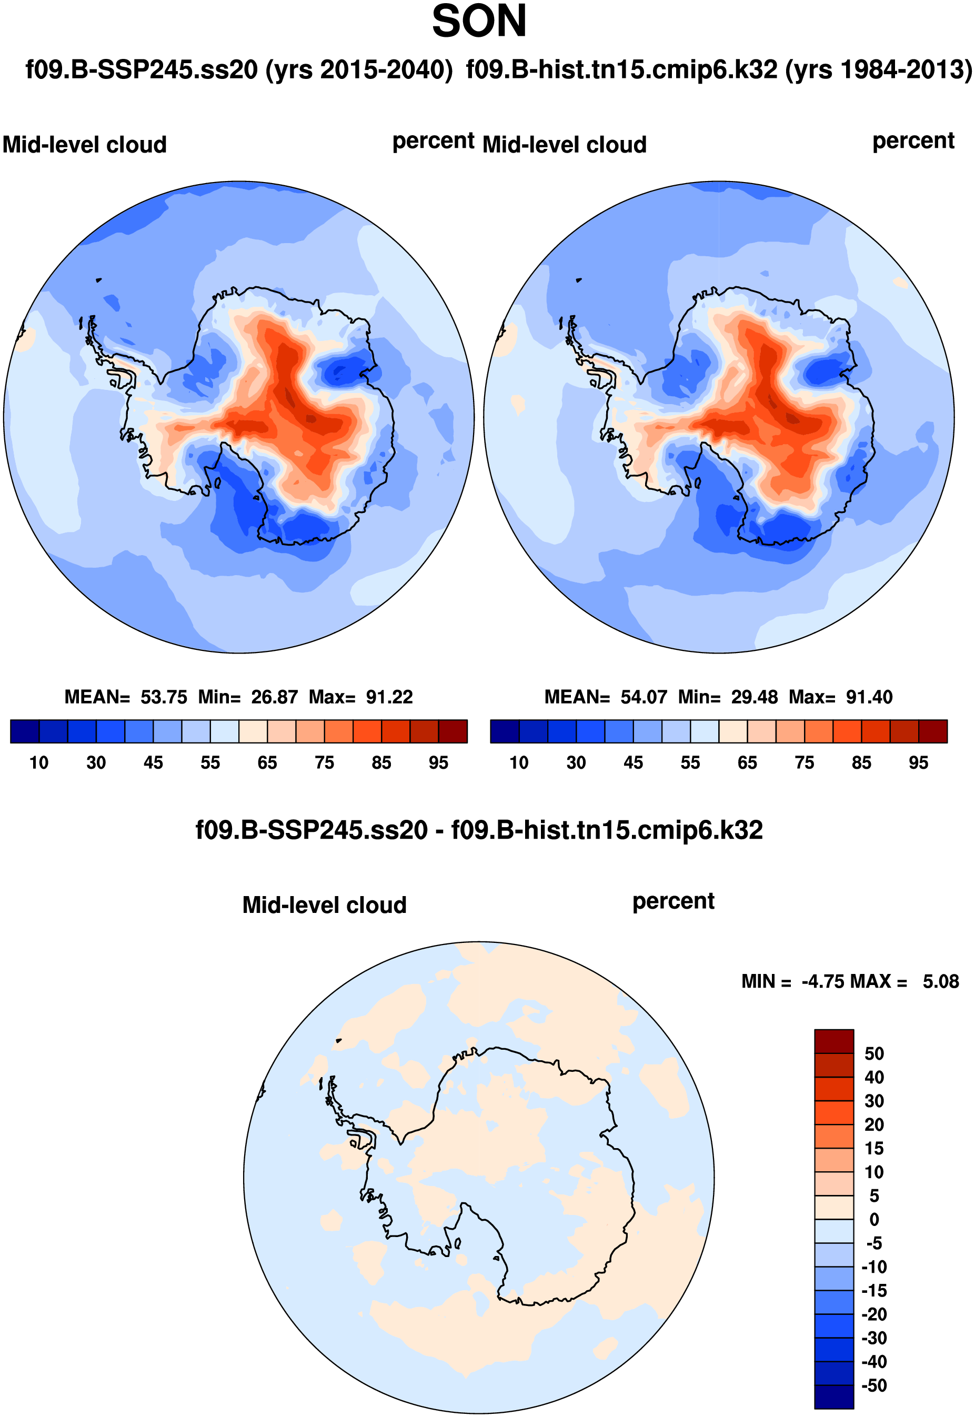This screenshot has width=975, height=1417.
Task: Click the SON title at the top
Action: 479,22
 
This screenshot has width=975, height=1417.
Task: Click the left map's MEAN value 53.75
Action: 164,697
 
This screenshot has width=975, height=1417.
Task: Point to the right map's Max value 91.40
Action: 869,697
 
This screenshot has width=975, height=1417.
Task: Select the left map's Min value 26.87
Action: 274,697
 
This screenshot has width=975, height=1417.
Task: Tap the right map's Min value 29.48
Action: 755,697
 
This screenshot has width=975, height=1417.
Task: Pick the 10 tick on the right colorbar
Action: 519,763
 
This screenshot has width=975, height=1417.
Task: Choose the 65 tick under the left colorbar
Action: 267,763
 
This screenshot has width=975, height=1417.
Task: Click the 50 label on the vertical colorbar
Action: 874,1053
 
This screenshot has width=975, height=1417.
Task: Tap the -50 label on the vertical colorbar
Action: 873,1385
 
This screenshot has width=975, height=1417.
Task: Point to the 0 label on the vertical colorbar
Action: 874,1220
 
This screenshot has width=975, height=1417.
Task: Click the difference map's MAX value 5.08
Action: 940,981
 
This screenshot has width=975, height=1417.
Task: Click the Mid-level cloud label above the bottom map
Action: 325,905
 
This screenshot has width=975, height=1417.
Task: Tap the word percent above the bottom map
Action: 673,901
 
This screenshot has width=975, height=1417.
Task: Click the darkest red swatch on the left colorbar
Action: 453,731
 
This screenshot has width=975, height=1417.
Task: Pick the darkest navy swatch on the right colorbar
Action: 505,731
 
